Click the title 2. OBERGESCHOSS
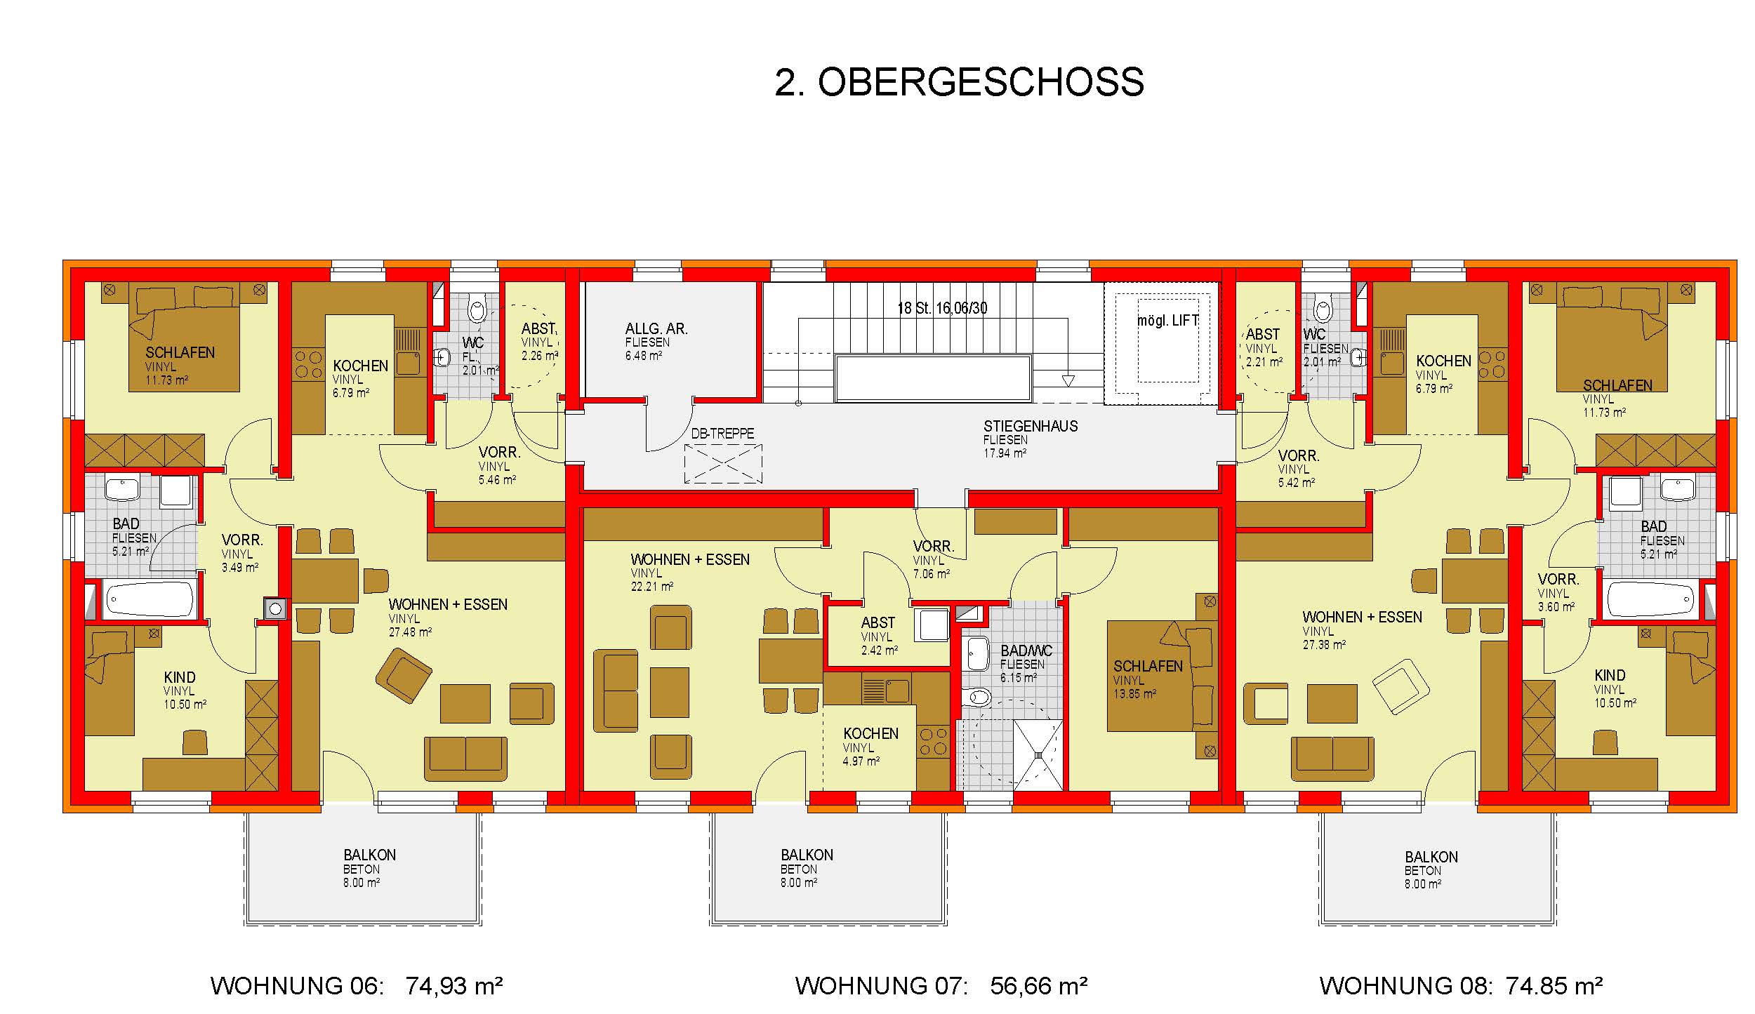click(959, 82)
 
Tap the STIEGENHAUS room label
click(1030, 426)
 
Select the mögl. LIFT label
click(1168, 321)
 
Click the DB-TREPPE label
click(722, 434)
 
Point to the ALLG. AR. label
click(656, 328)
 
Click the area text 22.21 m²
click(651, 586)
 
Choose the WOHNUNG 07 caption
click(881, 986)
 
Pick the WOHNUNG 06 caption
click(297, 986)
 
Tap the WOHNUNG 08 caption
click(1408, 986)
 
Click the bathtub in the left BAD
click(149, 600)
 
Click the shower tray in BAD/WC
click(1038, 754)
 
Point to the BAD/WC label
click(1026, 651)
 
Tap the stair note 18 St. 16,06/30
click(942, 308)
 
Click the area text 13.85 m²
click(1134, 693)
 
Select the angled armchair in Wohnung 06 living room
click(404, 675)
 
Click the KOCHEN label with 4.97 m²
click(870, 733)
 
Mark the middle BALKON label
click(807, 855)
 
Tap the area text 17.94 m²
click(1005, 453)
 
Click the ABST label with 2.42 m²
click(877, 622)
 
